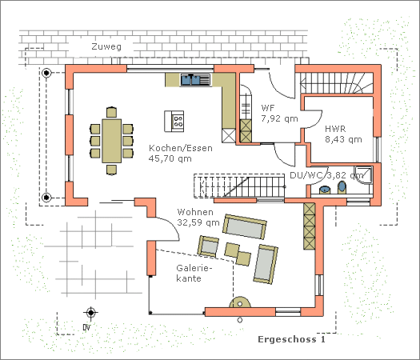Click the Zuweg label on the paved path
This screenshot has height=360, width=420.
[106, 46]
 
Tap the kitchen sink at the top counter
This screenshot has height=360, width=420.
[195, 80]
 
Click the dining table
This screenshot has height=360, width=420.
[111, 141]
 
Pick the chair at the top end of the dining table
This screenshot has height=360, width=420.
[111, 112]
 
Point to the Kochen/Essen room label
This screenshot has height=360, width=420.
[181, 148]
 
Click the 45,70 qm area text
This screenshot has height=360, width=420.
[170, 158]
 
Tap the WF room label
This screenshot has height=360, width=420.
[268, 108]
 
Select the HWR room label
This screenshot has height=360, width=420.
[335, 129]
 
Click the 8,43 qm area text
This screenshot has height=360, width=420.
[343, 139]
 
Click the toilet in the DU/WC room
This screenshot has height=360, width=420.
[342, 187]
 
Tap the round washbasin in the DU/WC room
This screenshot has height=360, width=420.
[325, 190]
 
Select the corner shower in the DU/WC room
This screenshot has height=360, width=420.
[363, 175]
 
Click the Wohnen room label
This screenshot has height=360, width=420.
[195, 212]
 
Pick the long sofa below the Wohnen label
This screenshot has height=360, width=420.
[245, 226]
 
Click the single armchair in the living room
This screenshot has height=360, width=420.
[208, 246]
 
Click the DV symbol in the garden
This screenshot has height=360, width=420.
[90, 313]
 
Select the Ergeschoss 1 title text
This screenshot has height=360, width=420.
[292, 339]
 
